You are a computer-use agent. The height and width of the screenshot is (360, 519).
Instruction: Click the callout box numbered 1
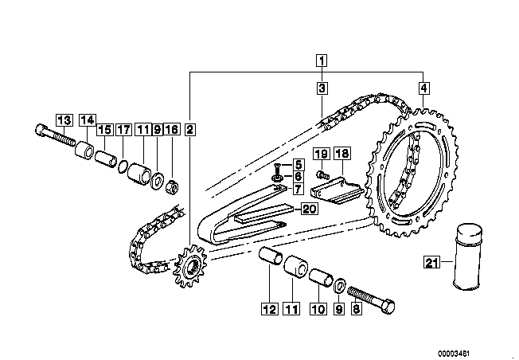click(x=322, y=61)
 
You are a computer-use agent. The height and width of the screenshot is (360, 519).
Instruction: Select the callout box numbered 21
click(x=431, y=263)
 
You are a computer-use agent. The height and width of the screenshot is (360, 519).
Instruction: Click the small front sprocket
click(x=189, y=266)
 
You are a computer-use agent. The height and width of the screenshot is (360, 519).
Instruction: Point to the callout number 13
click(x=64, y=120)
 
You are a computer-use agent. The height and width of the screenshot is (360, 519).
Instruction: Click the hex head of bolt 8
click(x=388, y=307)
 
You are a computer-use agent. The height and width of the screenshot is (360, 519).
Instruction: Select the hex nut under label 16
click(x=172, y=188)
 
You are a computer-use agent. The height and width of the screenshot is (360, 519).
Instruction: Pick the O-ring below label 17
click(x=123, y=166)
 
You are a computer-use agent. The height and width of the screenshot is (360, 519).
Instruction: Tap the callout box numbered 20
click(x=309, y=209)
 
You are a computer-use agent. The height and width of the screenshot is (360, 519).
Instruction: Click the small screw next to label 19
click(x=322, y=174)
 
